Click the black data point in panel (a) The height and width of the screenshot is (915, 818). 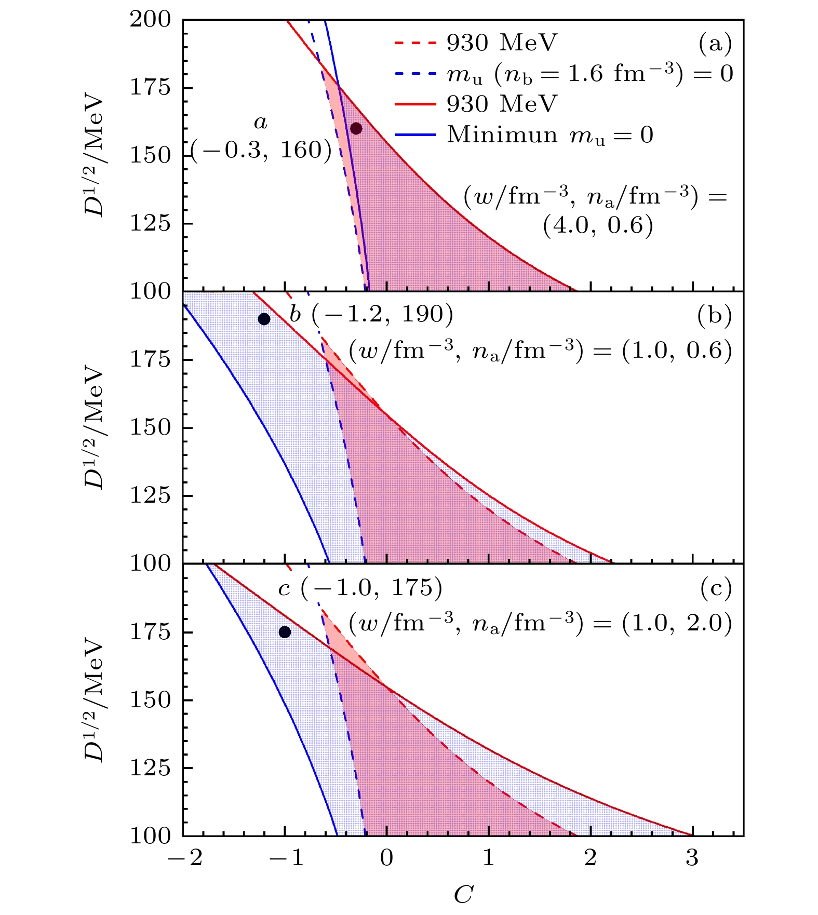[356, 128]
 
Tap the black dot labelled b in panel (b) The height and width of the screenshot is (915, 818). [264, 319]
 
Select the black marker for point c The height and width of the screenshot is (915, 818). [285, 632]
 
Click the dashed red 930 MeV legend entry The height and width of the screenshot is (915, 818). [475, 43]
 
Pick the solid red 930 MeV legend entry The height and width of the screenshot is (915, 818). [475, 104]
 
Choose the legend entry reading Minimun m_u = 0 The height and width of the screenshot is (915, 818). [524, 135]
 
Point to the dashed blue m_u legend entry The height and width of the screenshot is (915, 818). [564, 74]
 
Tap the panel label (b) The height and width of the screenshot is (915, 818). [715, 316]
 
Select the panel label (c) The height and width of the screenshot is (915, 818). [715, 588]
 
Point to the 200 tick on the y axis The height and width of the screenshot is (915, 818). [150, 20]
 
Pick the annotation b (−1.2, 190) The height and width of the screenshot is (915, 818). [371, 314]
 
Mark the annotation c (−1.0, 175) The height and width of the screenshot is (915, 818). [360, 588]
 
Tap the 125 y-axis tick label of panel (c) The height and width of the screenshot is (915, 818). [150, 768]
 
